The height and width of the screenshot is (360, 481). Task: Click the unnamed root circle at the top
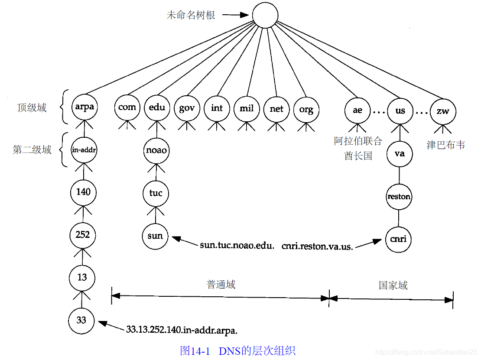pyautogui.click(x=265, y=16)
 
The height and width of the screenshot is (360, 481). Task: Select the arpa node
pyautogui.click(x=84, y=107)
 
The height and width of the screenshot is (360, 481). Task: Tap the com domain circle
pyautogui.click(x=127, y=107)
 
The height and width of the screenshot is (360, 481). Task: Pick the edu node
pyautogui.click(x=156, y=107)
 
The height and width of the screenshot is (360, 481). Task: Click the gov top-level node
pyautogui.click(x=187, y=108)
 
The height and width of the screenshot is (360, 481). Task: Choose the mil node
pyautogui.click(x=247, y=108)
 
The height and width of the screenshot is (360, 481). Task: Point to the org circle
pyautogui.click(x=306, y=109)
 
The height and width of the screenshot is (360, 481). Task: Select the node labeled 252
pyautogui.click(x=83, y=235)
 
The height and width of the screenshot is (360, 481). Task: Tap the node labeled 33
pyautogui.click(x=81, y=321)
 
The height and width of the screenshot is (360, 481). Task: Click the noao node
pyautogui.click(x=156, y=151)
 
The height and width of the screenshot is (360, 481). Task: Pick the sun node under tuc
pyautogui.click(x=155, y=236)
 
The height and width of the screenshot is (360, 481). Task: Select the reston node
pyautogui.click(x=399, y=197)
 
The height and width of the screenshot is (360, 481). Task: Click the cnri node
pyautogui.click(x=399, y=239)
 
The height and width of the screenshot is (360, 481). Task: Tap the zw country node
pyautogui.click(x=443, y=110)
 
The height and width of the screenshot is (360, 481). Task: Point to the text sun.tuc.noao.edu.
pyautogui.click(x=237, y=246)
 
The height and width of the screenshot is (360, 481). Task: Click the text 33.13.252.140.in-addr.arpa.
pyautogui.click(x=182, y=331)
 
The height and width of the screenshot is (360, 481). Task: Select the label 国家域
pyautogui.click(x=393, y=285)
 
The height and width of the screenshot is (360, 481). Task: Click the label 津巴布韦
pyautogui.click(x=445, y=145)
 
